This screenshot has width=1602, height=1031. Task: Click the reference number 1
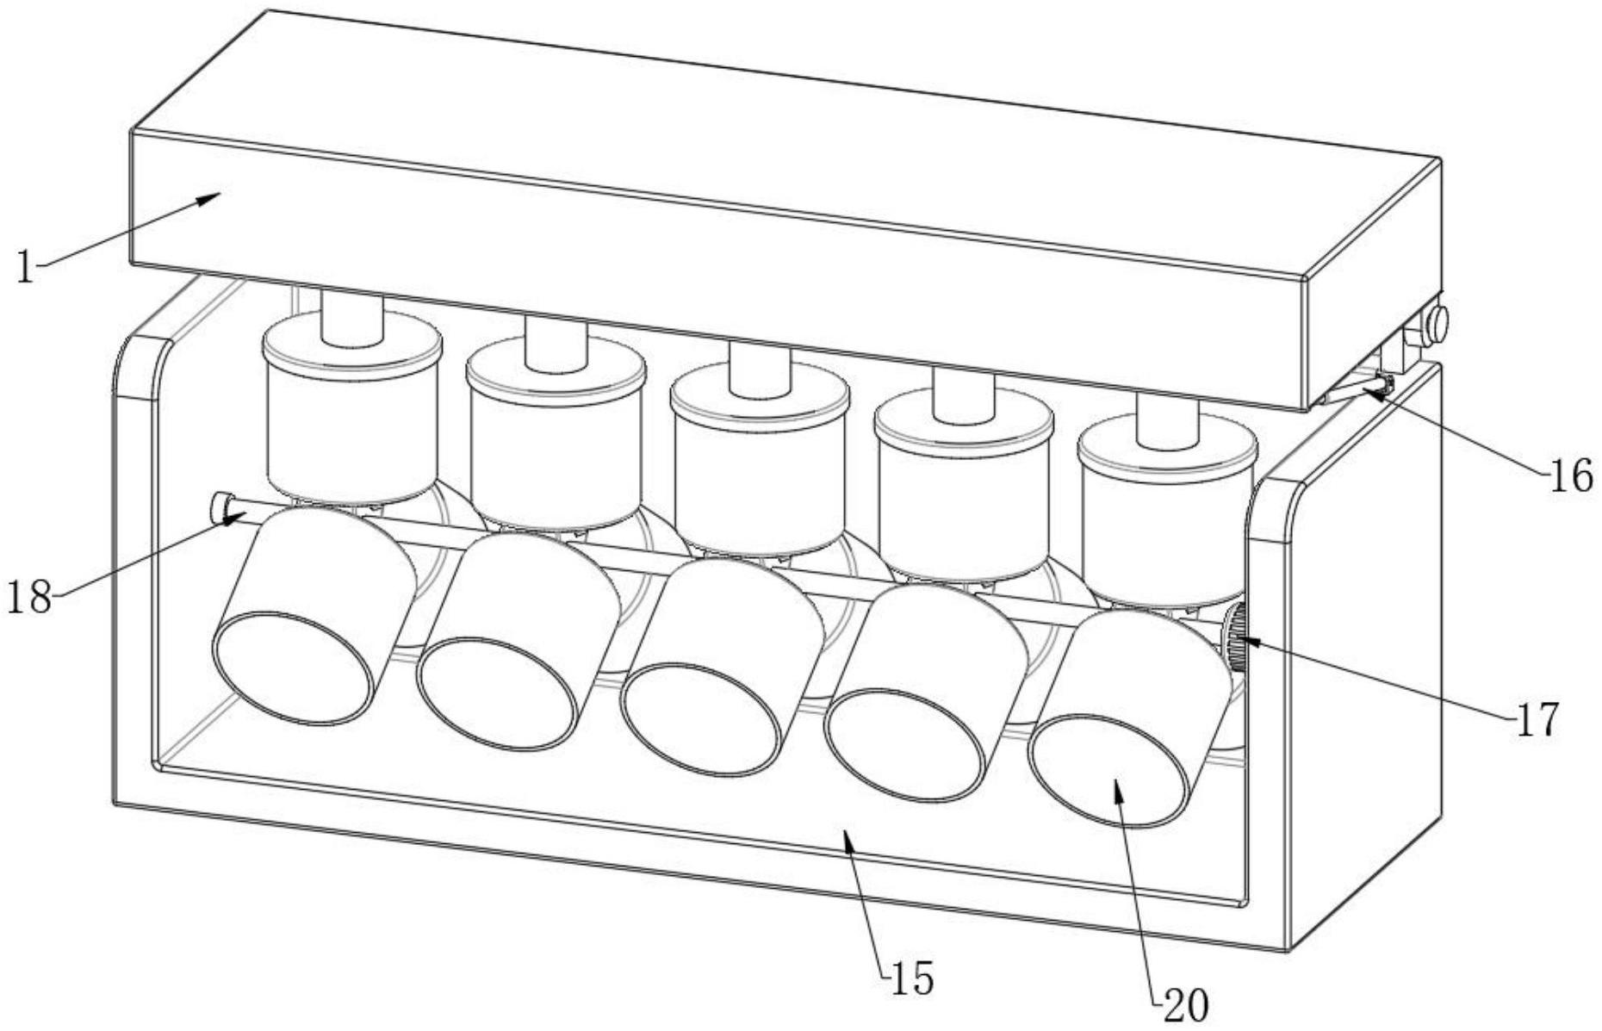click(25, 268)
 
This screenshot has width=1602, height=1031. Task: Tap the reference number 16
click(1571, 475)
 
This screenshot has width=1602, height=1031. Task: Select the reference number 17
click(1537, 720)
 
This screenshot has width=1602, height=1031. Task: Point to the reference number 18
click(29, 596)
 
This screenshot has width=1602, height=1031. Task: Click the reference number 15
click(911, 979)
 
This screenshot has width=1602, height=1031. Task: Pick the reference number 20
click(1186, 1004)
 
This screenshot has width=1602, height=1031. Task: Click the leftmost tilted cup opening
click(294, 668)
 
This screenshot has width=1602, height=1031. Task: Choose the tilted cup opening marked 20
click(1110, 772)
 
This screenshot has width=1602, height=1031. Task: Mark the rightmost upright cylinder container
click(1167, 517)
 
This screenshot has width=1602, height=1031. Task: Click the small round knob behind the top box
click(1437, 323)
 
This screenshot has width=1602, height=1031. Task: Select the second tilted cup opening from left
click(498, 693)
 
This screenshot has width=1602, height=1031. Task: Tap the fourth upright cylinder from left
click(963, 491)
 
